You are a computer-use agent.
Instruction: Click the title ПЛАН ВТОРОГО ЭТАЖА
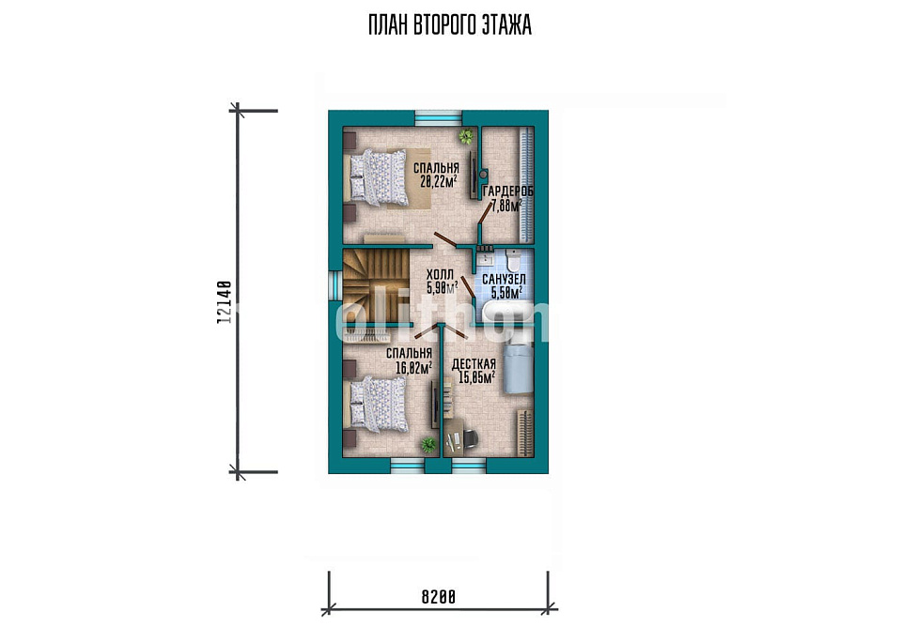(x=450, y=25)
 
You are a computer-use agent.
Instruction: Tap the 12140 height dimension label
(x=224, y=302)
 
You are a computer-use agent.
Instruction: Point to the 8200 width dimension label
(x=439, y=597)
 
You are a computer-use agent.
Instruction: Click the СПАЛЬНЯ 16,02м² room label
(x=409, y=360)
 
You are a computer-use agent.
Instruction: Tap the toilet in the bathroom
(x=513, y=260)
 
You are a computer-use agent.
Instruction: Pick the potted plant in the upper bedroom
(x=465, y=136)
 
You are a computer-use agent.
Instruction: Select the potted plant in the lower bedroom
(x=428, y=445)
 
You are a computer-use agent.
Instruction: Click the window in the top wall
(x=439, y=117)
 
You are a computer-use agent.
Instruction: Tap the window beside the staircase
(x=334, y=285)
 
